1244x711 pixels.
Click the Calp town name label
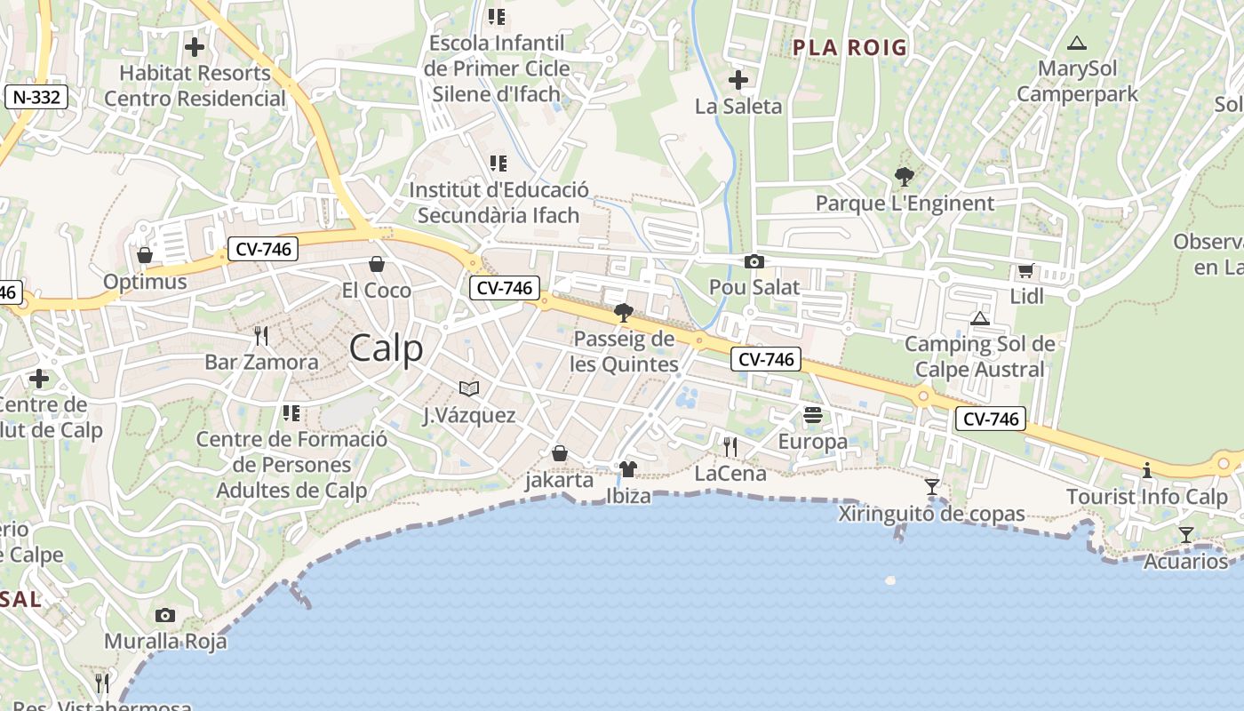pos(386,348)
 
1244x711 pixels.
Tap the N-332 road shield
pos(36,97)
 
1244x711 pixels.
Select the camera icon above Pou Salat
pos(754,261)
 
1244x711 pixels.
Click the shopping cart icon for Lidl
pos(1026,270)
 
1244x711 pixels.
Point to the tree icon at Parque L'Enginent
pos(905,177)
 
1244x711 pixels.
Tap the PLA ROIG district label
pos(849,48)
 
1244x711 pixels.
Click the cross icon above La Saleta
pos(738,81)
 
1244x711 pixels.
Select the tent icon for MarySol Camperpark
pos(1077,43)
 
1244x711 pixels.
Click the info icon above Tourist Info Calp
pos(1146,470)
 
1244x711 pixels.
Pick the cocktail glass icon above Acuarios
pos(1185,535)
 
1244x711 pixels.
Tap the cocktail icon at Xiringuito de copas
pos(932,487)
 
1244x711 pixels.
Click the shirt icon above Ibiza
pos(627,469)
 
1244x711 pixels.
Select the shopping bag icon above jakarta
pos(560,454)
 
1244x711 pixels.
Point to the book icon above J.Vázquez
pos(468,388)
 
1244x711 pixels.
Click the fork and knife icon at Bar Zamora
pos(261,336)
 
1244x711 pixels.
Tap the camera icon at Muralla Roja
pos(165,615)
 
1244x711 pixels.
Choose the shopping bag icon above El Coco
pos(377,264)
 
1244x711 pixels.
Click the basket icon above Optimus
pos(145,256)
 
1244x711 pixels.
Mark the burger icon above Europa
pos(812,415)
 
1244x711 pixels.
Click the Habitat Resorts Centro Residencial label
pos(195,85)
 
